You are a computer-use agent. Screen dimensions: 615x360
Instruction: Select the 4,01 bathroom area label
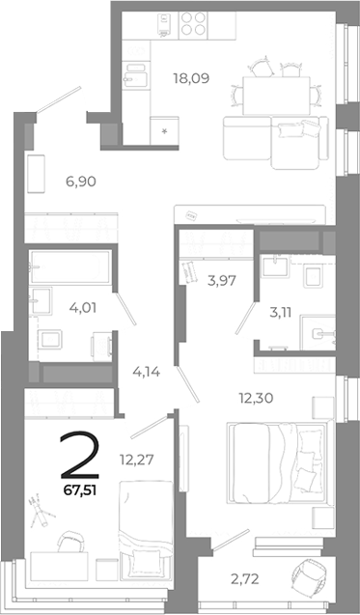(x=54, y=310)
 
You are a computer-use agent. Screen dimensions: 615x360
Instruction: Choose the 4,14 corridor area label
(x=146, y=368)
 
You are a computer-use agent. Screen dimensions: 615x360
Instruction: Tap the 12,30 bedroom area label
(x=255, y=395)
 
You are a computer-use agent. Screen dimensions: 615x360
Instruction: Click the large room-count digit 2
(x=79, y=456)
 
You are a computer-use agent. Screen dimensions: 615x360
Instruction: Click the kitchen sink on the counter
(x=136, y=71)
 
